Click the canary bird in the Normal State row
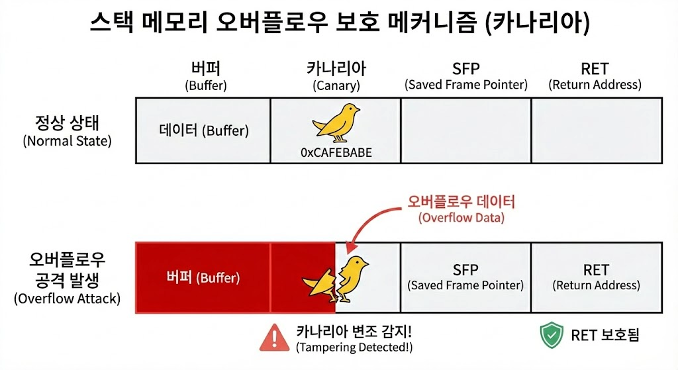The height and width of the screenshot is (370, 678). coord(336,122)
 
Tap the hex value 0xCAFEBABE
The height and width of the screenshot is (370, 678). coord(336,152)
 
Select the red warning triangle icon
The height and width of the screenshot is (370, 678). coord(271,338)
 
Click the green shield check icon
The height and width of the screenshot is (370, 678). coord(551,336)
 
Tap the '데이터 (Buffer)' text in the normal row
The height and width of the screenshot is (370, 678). coord(203,130)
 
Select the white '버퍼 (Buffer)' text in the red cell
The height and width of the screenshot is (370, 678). coord(203,277)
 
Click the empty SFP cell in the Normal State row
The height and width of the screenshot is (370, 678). coord(465,130)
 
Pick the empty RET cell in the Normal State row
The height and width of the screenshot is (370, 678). coord(596,130)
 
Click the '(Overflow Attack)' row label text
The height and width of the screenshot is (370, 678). coord(68,299)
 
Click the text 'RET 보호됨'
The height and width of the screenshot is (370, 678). coord(605,336)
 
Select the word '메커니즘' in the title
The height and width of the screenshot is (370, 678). coord(432,24)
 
